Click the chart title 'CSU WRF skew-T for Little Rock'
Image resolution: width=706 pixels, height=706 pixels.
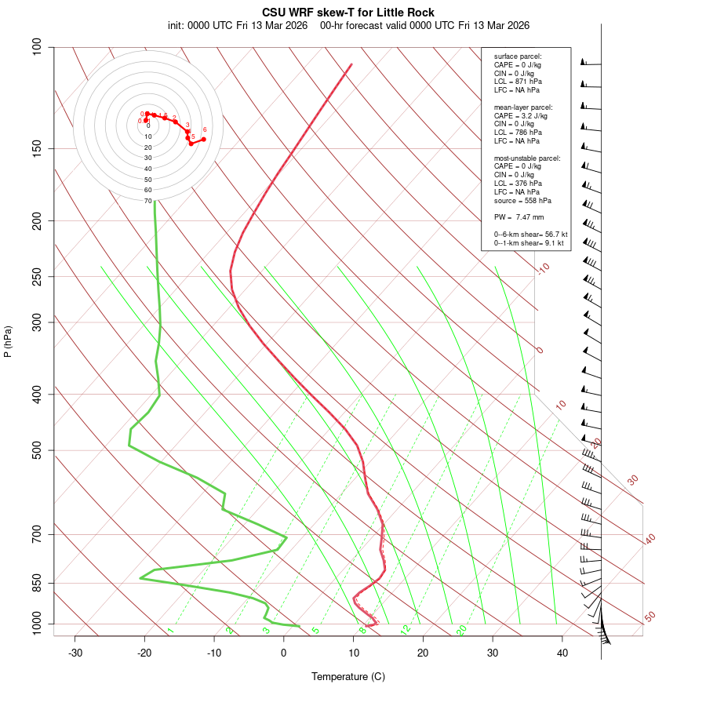[x=348, y=13]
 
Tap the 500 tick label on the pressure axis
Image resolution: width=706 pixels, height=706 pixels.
[x=36, y=450]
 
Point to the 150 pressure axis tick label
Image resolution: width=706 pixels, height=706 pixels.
[x=36, y=148]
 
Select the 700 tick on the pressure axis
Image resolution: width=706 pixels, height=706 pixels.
[x=36, y=534]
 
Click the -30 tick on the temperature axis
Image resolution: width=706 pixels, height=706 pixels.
[x=75, y=653]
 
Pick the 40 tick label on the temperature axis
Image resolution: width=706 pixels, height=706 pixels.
[x=562, y=653]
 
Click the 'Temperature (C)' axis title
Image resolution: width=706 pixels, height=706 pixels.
[x=348, y=676]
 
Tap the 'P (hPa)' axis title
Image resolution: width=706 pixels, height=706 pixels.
[x=9, y=341]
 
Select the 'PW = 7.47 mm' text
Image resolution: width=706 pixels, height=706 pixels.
[x=519, y=217]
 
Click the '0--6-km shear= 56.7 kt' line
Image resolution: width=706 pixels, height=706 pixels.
[x=530, y=235]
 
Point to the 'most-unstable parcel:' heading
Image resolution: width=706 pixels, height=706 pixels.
[x=527, y=158]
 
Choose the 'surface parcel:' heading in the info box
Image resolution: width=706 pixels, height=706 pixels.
[x=518, y=56]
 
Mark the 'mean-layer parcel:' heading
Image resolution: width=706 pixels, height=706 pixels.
[x=523, y=107]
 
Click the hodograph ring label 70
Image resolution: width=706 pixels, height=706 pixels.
[x=147, y=201]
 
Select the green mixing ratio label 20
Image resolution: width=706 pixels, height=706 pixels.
[x=461, y=629]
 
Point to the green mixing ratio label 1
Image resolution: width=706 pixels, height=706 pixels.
[x=170, y=631]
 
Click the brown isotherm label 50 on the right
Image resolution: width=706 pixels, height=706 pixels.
[x=650, y=617]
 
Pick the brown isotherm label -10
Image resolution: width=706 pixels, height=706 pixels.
[x=543, y=268]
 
